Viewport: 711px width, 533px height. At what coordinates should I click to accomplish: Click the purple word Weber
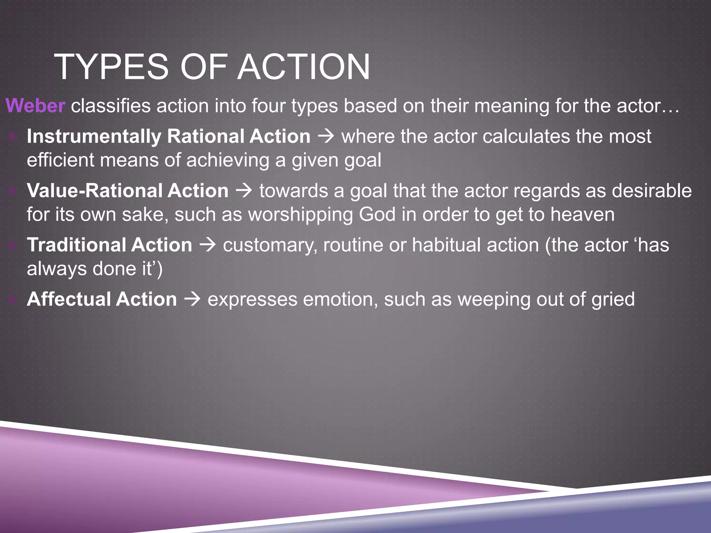click(35, 105)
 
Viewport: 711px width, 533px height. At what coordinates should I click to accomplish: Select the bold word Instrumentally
click(94, 136)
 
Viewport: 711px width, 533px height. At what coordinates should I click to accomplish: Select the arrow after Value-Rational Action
click(244, 191)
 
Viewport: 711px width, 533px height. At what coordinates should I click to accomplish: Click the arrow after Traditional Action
click(207, 245)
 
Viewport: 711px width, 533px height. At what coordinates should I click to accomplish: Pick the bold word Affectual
click(68, 299)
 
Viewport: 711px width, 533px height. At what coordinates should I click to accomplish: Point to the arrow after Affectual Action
click(192, 299)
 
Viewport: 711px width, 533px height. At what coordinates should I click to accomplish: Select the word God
click(377, 214)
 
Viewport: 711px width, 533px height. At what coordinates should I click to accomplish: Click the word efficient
click(60, 160)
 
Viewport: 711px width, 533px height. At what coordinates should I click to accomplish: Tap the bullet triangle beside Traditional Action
click(13, 245)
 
